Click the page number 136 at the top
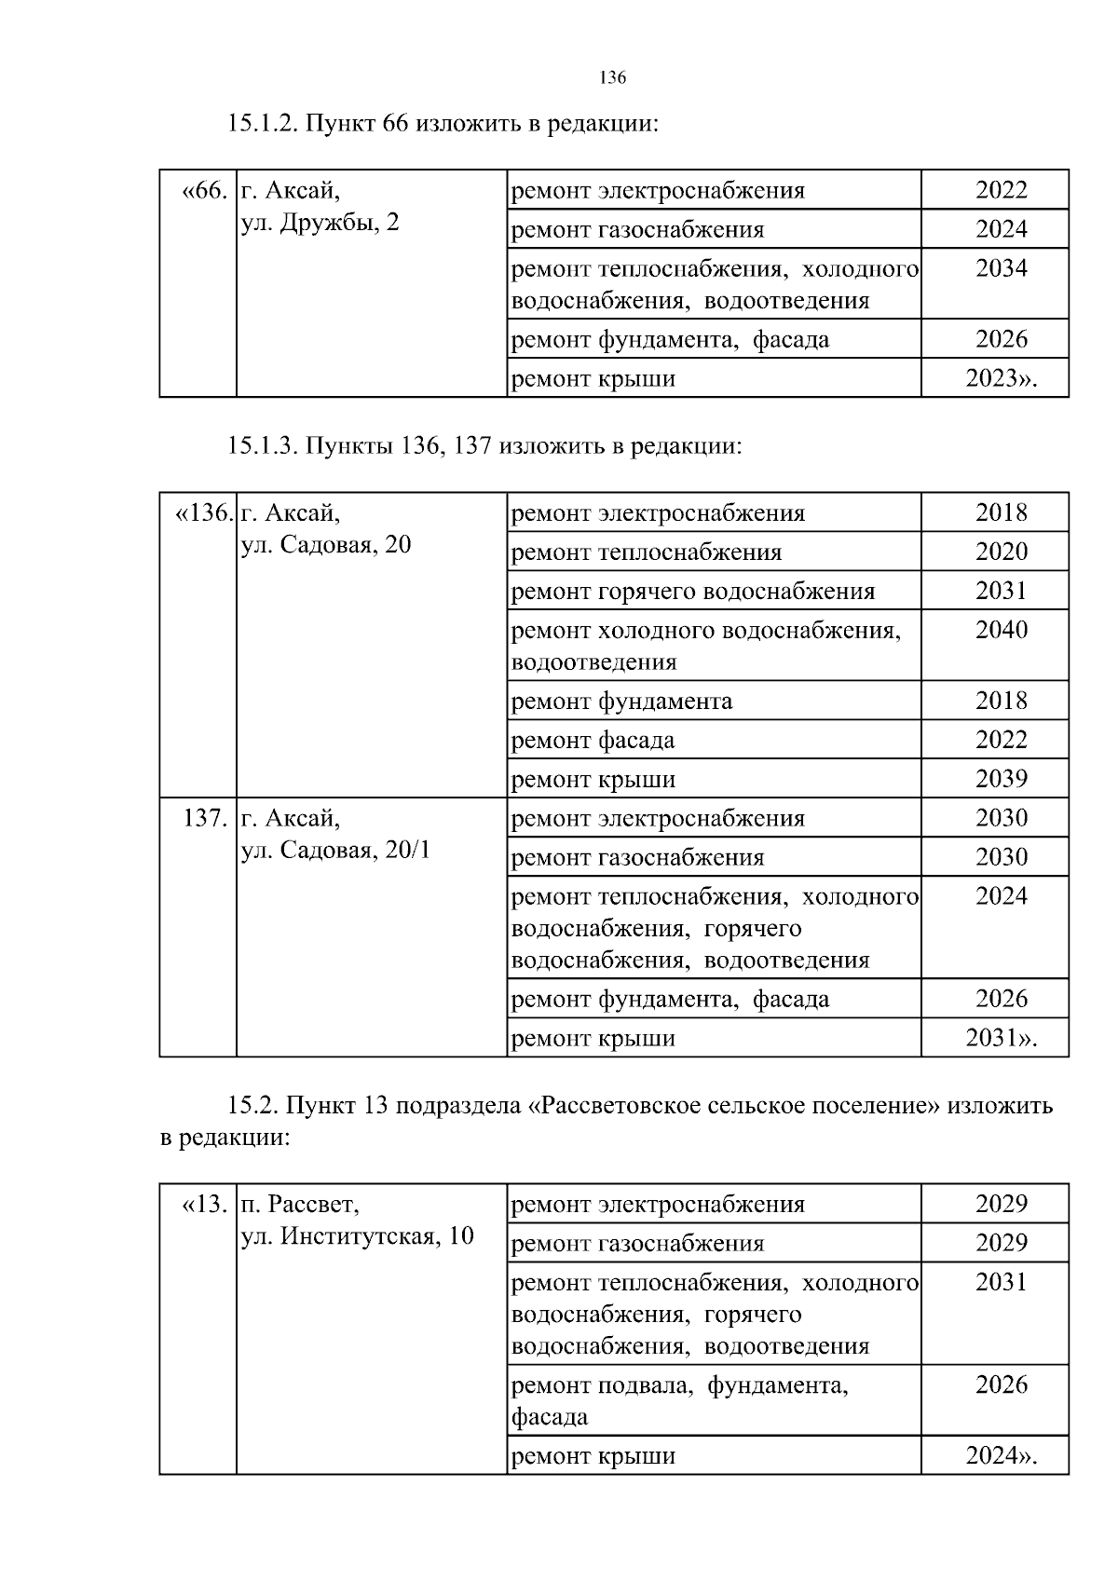click(x=612, y=78)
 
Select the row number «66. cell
click(x=203, y=192)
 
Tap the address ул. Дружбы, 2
click(x=320, y=224)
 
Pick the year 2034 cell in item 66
click(x=1002, y=269)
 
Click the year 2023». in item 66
click(x=1002, y=379)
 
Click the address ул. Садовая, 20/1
click(x=335, y=851)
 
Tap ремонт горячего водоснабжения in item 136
click(x=693, y=592)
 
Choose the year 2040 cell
click(x=1002, y=631)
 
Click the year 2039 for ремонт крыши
click(x=1002, y=779)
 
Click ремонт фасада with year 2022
click(x=593, y=741)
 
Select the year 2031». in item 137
click(x=1002, y=1038)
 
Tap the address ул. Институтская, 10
click(x=358, y=1237)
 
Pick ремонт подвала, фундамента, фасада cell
click(x=680, y=1400)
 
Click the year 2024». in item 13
click(x=1002, y=1455)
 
